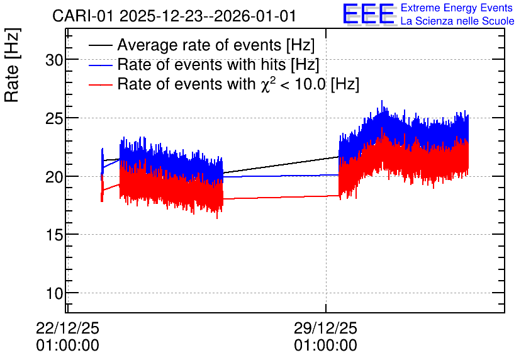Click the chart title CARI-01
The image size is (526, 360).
82,16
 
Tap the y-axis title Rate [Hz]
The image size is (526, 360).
12,65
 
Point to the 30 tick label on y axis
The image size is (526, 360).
54,60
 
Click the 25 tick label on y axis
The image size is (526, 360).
54,119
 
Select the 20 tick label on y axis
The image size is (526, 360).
54,177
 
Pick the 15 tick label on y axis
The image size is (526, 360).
54,235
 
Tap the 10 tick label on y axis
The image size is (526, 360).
54,293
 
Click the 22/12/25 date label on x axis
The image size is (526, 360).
67,328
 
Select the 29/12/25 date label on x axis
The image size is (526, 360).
325,328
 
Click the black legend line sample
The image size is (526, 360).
100,45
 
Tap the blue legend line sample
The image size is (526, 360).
100,65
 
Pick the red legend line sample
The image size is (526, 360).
100,85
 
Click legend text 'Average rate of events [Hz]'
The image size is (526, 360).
216,45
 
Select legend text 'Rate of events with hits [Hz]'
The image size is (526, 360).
218,65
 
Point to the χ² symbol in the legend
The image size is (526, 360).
266,84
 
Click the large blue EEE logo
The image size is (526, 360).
369,14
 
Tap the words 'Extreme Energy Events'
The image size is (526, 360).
457,8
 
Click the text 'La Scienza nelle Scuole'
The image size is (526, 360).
457,21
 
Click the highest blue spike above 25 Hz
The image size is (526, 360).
382,101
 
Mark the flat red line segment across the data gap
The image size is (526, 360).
281,197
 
